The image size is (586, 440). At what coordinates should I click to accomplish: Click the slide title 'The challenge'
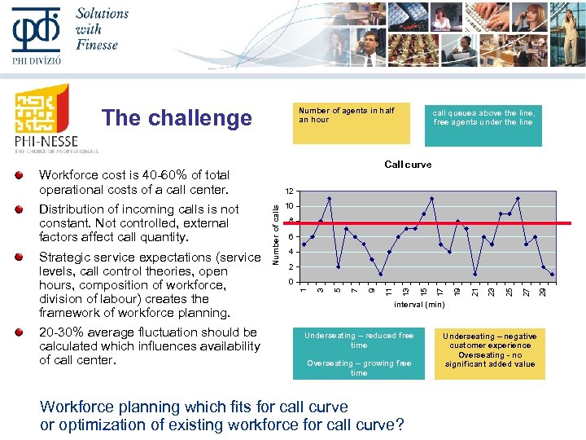point(177,118)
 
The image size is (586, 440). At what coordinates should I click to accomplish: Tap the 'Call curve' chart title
point(408,165)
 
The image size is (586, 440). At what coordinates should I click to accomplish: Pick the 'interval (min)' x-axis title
point(419,304)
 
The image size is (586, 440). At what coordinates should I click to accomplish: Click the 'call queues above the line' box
point(483,118)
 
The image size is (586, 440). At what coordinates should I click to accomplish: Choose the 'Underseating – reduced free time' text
point(359,340)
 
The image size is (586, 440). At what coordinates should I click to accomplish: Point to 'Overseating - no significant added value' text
point(490,359)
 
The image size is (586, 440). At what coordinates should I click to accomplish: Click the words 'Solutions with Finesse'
point(101,29)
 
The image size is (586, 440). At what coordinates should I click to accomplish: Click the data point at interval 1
point(304,244)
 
